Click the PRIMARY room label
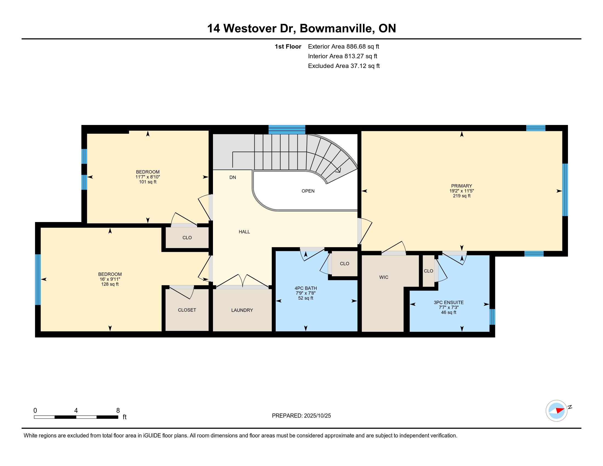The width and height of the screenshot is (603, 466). pyautogui.click(x=461, y=186)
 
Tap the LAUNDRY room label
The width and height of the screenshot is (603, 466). pyautogui.click(x=242, y=310)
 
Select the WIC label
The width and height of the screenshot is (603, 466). pyautogui.click(x=383, y=277)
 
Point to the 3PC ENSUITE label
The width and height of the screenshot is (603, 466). pyautogui.click(x=448, y=302)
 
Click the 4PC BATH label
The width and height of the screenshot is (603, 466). pyautogui.click(x=305, y=288)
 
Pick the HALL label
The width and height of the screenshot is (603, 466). pyautogui.click(x=244, y=232)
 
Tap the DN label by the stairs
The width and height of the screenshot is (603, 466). pyautogui.click(x=232, y=177)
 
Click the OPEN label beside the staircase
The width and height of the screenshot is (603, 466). pyautogui.click(x=308, y=191)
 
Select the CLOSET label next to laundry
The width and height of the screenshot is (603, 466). pyautogui.click(x=187, y=310)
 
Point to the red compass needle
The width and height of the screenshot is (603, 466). pyautogui.click(x=560, y=411)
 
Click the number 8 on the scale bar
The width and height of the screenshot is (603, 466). pyautogui.click(x=118, y=411)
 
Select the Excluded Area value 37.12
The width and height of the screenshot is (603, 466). pyautogui.click(x=359, y=66)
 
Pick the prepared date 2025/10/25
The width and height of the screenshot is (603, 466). pyautogui.click(x=317, y=416)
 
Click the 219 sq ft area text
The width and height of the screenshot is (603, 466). pyautogui.click(x=461, y=196)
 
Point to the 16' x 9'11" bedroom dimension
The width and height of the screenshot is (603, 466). pyautogui.click(x=110, y=279)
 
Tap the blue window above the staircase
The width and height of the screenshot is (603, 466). pyautogui.click(x=287, y=129)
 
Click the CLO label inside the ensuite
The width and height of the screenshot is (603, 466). pyautogui.click(x=428, y=271)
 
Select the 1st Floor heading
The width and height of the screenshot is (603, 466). pyautogui.click(x=288, y=46)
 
